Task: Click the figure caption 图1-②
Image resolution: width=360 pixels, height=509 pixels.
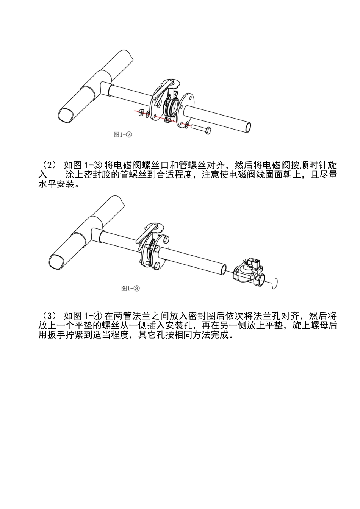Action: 123,134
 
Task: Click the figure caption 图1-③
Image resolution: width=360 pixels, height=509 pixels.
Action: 130,288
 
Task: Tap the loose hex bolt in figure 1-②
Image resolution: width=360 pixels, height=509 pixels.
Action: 201,129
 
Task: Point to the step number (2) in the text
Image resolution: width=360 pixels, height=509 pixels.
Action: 50,165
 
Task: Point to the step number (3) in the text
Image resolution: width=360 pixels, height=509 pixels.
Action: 50,316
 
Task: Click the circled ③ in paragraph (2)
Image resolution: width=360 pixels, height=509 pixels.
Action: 97,165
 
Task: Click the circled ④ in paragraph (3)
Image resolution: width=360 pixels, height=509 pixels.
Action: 97,316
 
